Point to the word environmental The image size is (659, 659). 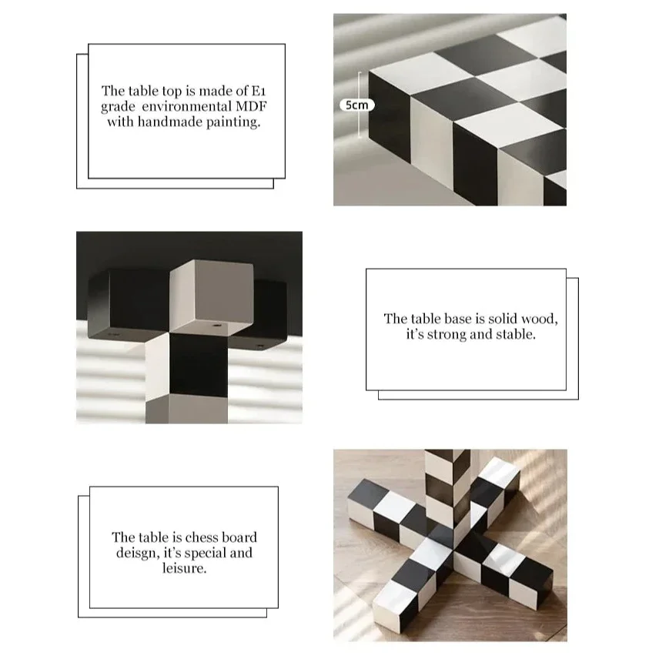tap(191, 106)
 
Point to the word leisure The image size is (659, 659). tap(185, 569)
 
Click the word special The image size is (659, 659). tap(203, 553)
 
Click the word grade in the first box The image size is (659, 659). tap(118, 106)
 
